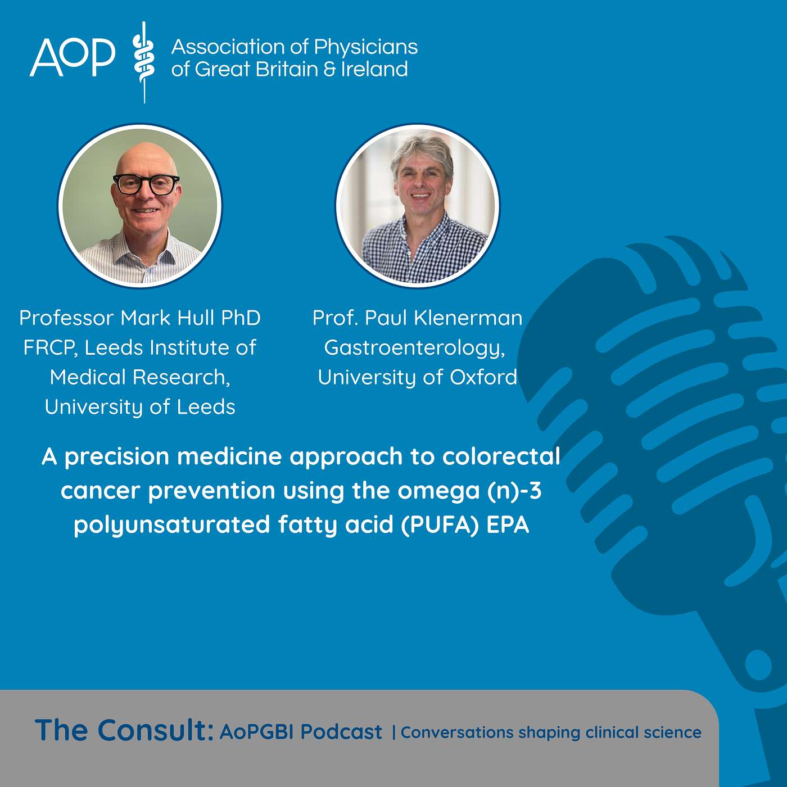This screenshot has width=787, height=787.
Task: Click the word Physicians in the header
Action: [365, 47]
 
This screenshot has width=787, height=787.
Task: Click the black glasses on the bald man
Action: [146, 184]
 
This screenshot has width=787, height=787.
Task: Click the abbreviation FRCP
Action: [49, 348]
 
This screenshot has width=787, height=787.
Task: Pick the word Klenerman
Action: [468, 318]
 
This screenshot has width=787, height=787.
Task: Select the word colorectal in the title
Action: [501, 456]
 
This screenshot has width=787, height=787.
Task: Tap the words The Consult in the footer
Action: [124, 730]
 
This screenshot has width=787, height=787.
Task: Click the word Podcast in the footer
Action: [341, 732]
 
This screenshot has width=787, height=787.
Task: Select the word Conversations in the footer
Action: [456, 732]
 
